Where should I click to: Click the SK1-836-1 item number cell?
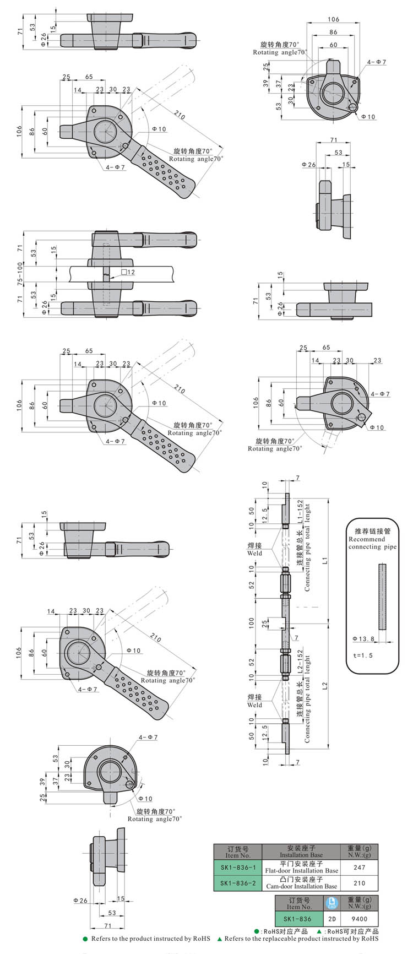click(x=238, y=867)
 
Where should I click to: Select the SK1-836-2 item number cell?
click(x=238, y=883)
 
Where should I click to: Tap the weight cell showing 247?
click(x=359, y=867)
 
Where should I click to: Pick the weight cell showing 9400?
click(x=359, y=919)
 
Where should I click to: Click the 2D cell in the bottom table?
click(x=332, y=919)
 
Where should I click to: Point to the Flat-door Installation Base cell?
click(x=301, y=867)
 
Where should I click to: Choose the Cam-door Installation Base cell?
click(x=301, y=883)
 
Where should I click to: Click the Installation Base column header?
click(x=301, y=852)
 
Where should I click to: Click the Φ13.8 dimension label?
click(x=364, y=638)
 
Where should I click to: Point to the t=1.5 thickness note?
click(x=362, y=655)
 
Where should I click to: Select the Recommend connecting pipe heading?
click(x=372, y=539)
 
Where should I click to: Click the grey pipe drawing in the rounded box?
click(x=382, y=597)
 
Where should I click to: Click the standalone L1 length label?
click(x=325, y=560)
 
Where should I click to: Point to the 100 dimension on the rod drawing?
click(x=251, y=622)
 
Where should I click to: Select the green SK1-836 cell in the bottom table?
click(x=297, y=919)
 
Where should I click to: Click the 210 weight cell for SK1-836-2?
click(x=359, y=883)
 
